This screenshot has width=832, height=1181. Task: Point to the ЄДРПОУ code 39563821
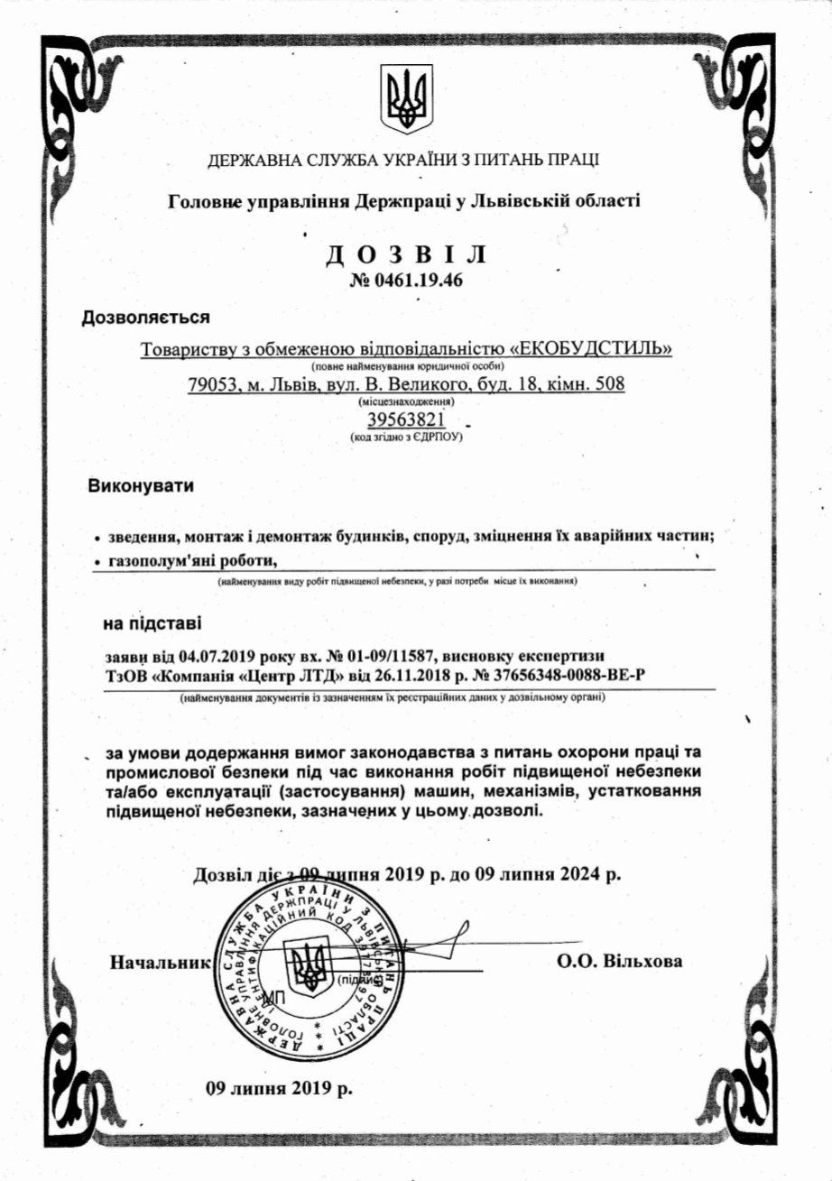(x=406, y=420)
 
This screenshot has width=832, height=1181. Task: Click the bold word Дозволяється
(x=146, y=318)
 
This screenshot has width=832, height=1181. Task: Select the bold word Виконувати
(x=141, y=487)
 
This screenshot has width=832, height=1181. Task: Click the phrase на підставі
(x=153, y=623)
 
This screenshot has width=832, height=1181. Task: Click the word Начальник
(x=159, y=961)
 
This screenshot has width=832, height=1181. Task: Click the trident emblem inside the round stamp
(x=311, y=967)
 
